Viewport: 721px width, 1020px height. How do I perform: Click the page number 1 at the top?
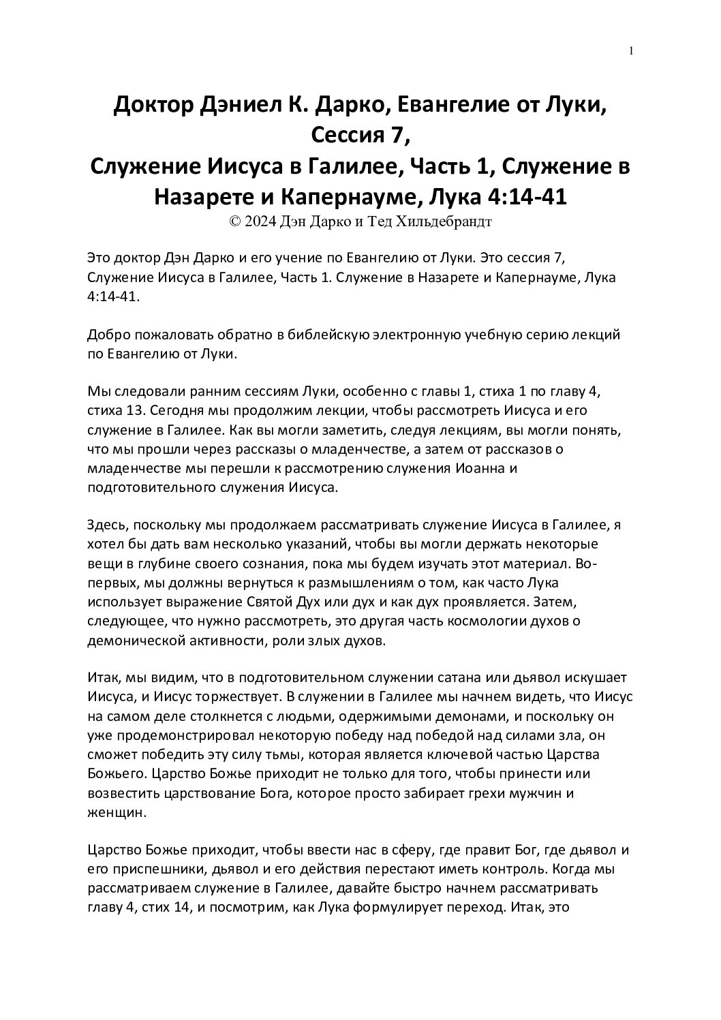click(x=632, y=51)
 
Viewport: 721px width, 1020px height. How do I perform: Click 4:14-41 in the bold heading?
click(x=528, y=198)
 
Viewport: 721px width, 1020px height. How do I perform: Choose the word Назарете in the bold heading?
click(x=205, y=198)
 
